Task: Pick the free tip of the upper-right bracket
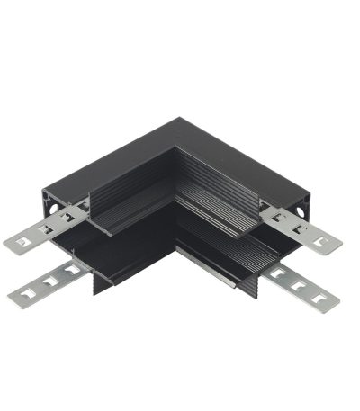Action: (x=338, y=246)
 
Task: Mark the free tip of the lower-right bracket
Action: (x=335, y=302)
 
